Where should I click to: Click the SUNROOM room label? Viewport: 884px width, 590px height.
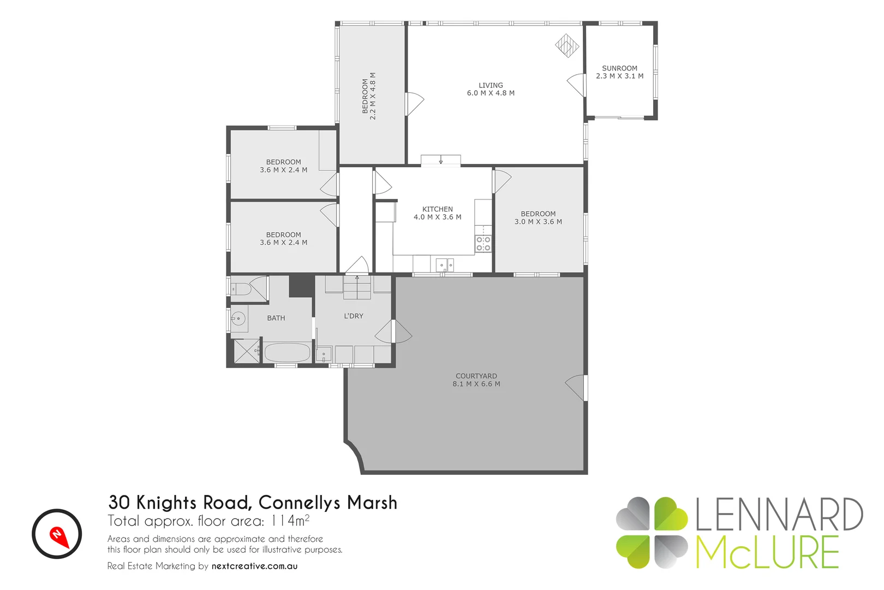click(619, 68)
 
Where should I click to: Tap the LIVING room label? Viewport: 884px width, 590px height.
click(491, 85)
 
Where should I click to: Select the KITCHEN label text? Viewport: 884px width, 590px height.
click(437, 209)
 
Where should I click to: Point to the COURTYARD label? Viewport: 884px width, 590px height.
click(476, 376)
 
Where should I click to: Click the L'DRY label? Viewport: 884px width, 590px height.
click(353, 316)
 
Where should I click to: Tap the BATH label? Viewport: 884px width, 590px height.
click(276, 318)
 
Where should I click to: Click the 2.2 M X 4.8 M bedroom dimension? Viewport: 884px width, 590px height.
click(373, 96)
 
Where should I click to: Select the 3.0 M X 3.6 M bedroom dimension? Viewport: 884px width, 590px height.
click(538, 222)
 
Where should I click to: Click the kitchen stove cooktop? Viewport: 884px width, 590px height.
click(483, 244)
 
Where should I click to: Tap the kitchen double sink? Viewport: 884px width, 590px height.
click(445, 265)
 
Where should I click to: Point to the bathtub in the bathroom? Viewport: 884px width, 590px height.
click(287, 352)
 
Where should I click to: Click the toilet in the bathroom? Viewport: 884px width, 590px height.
click(241, 289)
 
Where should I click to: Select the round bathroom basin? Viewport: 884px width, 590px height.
click(238, 318)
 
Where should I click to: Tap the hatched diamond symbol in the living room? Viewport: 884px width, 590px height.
click(567, 45)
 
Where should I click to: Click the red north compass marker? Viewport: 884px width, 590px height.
click(58, 535)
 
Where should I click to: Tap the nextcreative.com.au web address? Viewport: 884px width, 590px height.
click(254, 566)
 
